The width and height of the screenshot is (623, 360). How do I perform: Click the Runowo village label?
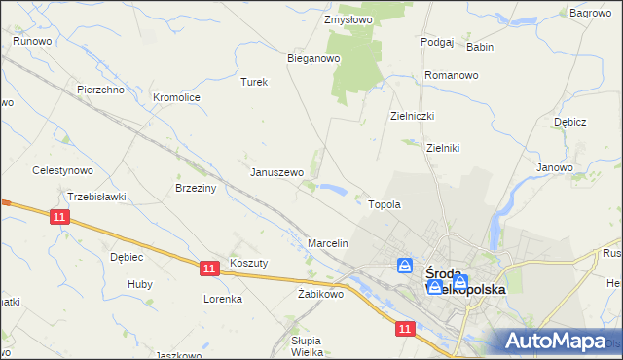[31, 41]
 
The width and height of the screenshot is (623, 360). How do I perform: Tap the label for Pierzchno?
[100, 90]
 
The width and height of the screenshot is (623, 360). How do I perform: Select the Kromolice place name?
[177, 97]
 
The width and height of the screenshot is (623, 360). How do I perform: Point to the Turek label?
[254, 82]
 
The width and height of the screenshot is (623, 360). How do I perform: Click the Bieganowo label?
[312, 58]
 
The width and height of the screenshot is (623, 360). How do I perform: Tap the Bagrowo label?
[590, 13]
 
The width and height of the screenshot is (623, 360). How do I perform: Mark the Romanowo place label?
[451, 75]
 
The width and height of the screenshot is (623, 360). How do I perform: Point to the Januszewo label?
[277, 172]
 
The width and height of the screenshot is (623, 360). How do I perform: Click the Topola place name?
[385, 205]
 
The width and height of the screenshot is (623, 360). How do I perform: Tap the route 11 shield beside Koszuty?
[209, 267]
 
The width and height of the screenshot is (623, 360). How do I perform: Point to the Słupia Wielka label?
[313, 346]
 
